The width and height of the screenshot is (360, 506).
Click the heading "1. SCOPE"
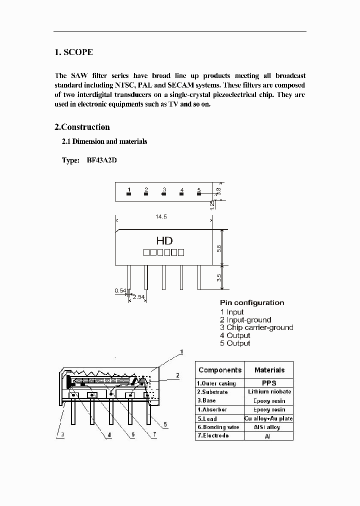73,52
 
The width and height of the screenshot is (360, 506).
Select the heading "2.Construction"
82,127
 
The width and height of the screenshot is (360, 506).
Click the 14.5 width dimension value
161,217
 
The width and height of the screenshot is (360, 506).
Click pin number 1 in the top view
129,190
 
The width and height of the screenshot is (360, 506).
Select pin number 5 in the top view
199,190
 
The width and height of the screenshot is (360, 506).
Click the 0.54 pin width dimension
120,290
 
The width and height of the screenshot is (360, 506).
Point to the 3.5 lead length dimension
219,278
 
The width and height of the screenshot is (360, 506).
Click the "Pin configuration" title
252,302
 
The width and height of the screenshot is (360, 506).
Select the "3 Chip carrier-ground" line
256,327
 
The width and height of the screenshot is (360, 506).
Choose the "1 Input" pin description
232,312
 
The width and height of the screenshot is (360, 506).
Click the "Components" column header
220,370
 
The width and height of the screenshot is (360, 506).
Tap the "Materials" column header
269,370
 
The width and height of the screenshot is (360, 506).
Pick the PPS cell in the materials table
269,383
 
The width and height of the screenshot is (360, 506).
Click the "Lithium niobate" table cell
269,391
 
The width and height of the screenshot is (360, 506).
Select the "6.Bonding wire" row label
218,427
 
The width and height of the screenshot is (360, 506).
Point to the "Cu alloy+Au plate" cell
269,418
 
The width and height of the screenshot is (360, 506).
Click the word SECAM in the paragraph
184,85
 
